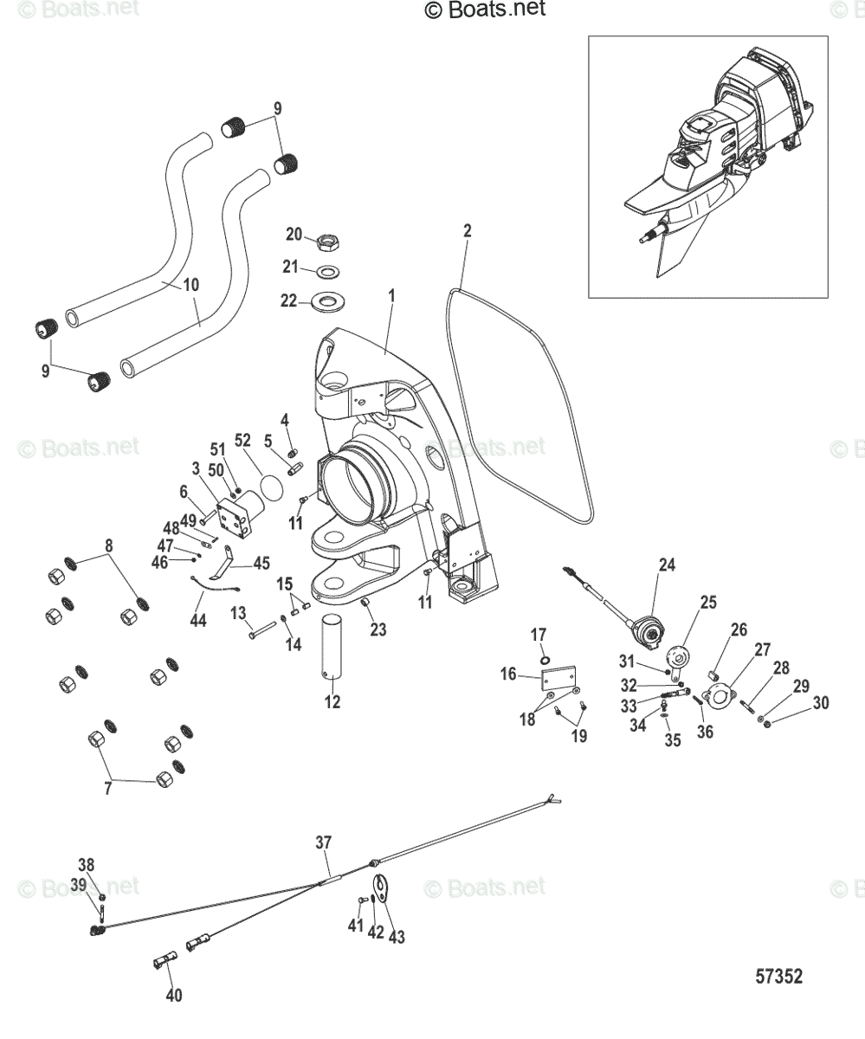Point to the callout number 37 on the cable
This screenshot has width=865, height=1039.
point(323,842)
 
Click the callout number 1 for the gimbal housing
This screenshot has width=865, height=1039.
point(391,296)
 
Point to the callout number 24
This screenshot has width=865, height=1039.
point(666,565)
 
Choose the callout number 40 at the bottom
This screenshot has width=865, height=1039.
point(174,996)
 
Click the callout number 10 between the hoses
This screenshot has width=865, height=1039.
point(190,283)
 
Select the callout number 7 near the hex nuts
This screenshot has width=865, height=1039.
point(107,789)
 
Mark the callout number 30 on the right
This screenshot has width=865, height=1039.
point(819,703)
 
